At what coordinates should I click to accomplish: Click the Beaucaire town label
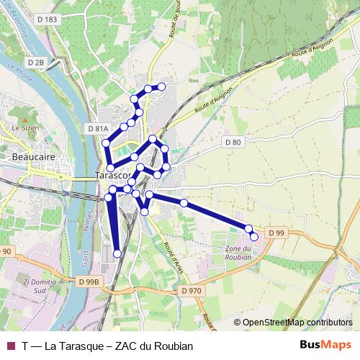click(x=30, y=155)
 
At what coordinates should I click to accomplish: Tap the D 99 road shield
click(x=276, y=233)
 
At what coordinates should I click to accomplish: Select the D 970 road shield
click(x=192, y=290)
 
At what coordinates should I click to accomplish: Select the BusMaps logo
click(x=326, y=346)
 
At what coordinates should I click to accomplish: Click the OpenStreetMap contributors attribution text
click(x=297, y=323)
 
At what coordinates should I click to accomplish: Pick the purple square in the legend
click(x=10, y=346)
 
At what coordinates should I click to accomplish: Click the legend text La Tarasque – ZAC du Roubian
click(x=108, y=346)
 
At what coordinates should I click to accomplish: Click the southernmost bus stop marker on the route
click(x=117, y=253)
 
